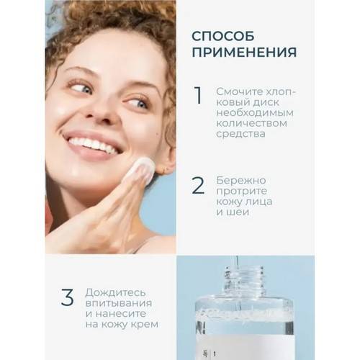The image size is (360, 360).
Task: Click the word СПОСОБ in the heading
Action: point(223,37)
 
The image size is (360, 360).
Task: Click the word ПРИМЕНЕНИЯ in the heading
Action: point(244,53)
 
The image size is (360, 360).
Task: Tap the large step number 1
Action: point(199,95)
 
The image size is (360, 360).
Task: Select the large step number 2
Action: point(198,185)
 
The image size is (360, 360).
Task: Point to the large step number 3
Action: point(67,297)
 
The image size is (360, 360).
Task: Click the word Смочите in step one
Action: point(238,91)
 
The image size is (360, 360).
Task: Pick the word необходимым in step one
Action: point(255,112)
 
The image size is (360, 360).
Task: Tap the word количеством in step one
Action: point(251,123)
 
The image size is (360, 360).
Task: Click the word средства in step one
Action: point(240,134)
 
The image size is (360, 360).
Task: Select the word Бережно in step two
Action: point(241,181)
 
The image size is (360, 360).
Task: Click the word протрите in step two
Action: point(241,192)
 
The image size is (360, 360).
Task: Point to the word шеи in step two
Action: point(240,212)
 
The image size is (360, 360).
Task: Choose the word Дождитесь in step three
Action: point(116,293)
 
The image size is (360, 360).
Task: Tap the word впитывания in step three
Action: point(119,303)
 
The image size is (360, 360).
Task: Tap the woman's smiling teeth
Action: point(93,145)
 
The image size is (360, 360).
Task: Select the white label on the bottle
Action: point(245,347)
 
